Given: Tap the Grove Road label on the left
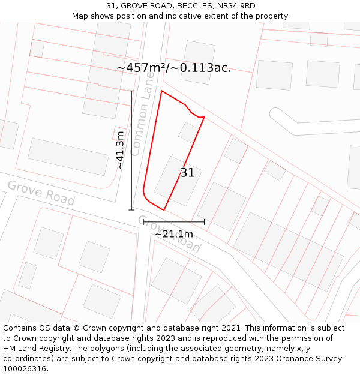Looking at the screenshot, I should (x=41, y=193).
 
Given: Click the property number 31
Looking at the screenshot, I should (x=187, y=173).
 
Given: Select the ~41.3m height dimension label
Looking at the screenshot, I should (x=120, y=150).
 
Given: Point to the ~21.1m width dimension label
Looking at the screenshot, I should (x=174, y=234).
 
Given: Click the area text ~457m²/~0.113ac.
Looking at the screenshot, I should (x=173, y=68).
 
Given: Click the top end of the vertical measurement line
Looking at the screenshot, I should (x=131, y=91).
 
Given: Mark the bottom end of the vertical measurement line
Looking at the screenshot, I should (x=131, y=210).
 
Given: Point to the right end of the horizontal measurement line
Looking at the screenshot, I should (x=204, y=222).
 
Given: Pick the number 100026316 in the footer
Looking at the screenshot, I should (x=26, y=369).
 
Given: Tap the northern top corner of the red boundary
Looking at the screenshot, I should (x=161, y=91).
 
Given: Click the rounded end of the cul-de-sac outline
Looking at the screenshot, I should (x=275, y=113).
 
